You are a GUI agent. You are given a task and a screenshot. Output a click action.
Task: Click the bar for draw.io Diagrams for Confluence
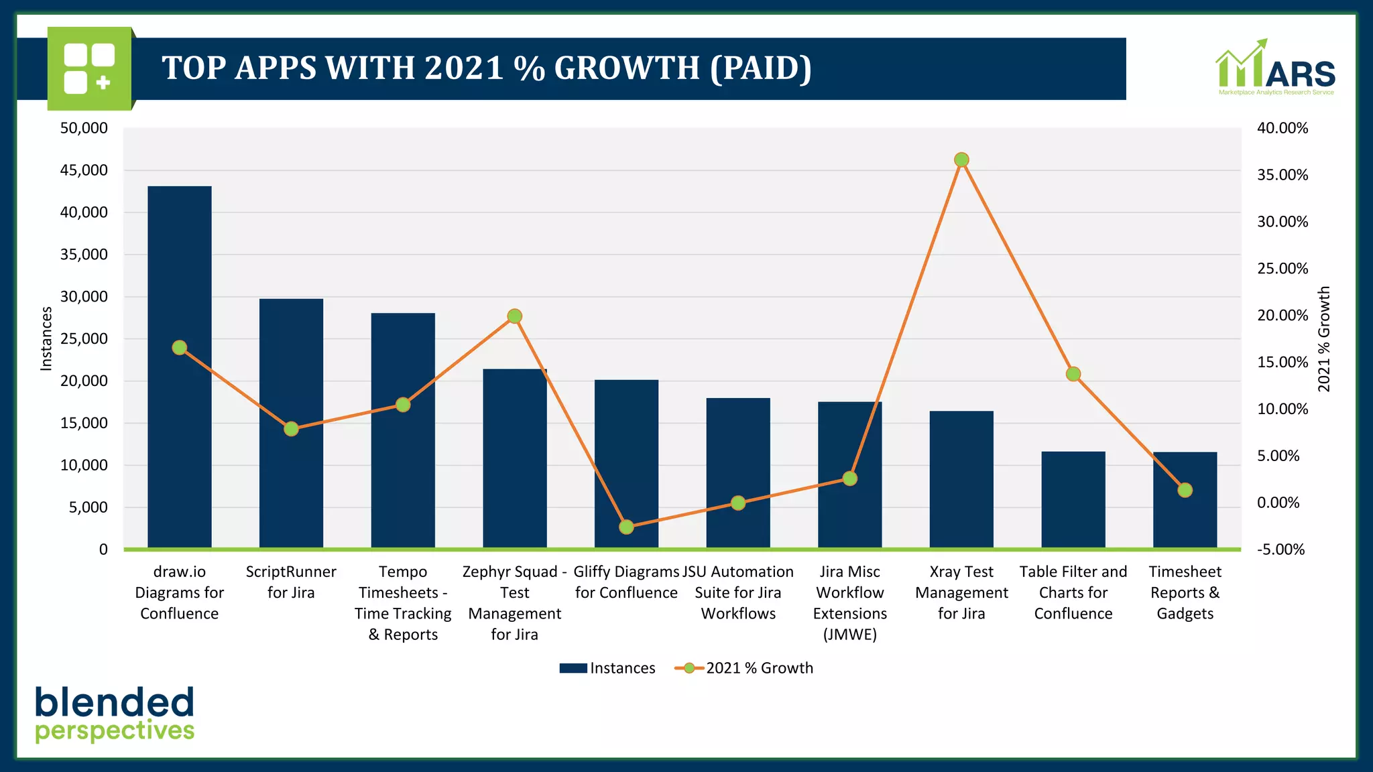(x=179, y=402)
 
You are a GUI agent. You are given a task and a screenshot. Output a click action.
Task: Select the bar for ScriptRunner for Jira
(x=291, y=469)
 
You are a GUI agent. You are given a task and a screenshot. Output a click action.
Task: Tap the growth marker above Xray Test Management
(x=961, y=159)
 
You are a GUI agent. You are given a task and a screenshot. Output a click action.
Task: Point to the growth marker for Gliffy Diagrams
(x=626, y=527)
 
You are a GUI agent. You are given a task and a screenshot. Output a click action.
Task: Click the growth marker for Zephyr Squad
(x=514, y=316)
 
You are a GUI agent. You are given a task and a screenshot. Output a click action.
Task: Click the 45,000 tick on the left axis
(x=84, y=170)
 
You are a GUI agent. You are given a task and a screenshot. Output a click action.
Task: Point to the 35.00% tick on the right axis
(x=1282, y=175)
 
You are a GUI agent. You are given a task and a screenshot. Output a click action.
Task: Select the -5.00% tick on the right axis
(x=1280, y=550)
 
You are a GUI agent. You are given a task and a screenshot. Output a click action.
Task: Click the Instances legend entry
(x=608, y=668)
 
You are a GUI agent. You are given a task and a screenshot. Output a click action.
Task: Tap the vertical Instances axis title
(x=46, y=338)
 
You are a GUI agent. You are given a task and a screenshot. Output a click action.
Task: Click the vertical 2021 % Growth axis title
(x=1323, y=338)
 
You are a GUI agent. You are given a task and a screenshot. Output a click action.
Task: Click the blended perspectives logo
(x=115, y=714)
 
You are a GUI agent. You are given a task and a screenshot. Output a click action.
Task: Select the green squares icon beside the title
(x=89, y=68)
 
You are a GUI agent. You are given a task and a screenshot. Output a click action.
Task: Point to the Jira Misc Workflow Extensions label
(x=849, y=602)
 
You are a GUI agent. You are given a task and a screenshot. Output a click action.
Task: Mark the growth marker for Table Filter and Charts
(x=1073, y=374)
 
